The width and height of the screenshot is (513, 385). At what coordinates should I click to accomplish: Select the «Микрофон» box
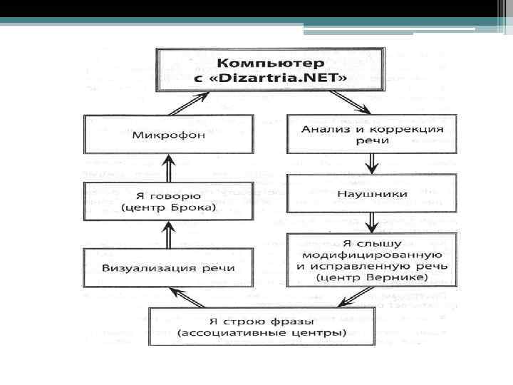point(167,134)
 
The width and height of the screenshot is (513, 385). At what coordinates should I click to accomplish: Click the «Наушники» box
point(371,193)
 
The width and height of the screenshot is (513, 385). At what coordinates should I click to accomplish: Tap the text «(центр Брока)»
point(167,208)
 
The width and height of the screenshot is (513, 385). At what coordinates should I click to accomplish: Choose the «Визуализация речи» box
point(167,269)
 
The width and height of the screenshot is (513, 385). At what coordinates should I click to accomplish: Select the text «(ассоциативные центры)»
point(261,333)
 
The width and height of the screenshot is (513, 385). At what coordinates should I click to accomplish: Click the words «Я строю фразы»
point(261,321)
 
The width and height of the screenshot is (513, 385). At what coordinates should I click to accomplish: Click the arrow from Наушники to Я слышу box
point(371,222)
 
